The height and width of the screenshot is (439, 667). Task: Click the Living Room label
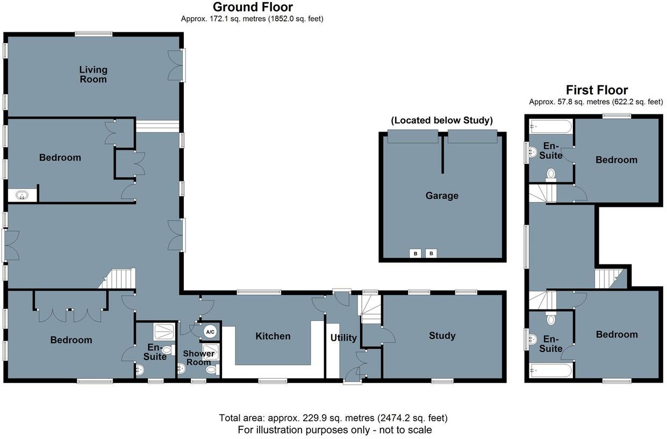click(x=93, y=74)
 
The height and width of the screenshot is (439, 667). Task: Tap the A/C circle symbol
click(x=210, y=332)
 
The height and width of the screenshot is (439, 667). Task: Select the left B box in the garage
click(x=415, y=253)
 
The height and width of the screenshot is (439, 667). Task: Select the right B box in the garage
click(x=431, y=253)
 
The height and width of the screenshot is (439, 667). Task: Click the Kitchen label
click(x=272, y=336)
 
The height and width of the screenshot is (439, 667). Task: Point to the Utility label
click(x=343, y=337)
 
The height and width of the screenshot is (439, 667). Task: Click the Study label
click(x=442, y=335)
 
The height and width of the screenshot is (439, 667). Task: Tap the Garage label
click(x=442, y=196)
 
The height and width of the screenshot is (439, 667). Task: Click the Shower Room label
click(x=199, y=358)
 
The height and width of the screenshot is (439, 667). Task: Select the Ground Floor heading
click(x=253, y=7)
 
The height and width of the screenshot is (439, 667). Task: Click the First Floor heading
click(x=597, y=90)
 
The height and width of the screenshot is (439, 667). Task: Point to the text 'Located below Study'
click(x=442, y=120)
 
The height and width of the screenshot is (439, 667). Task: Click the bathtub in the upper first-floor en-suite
click(x=550, y=127)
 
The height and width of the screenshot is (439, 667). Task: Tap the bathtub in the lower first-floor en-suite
click(x=550, y=371)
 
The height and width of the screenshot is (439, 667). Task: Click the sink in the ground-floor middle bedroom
click(x=22, y=195)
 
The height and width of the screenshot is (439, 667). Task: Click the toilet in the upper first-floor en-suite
click(x=550, y=174)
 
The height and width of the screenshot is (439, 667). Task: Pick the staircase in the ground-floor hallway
click(x=119, y=279)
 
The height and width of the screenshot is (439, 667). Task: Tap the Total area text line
click(x=333, y=418)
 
